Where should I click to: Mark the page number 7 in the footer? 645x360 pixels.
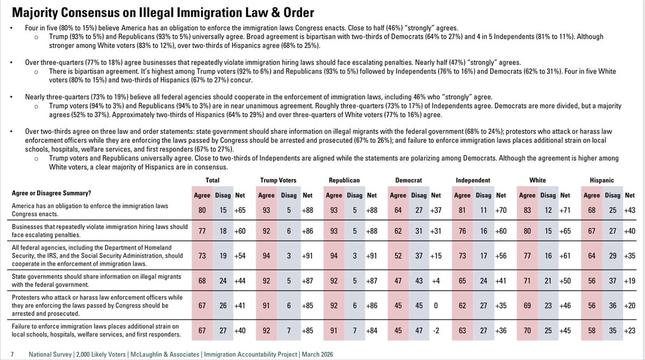(x=12, y=354)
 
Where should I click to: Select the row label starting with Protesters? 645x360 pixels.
(x=89, y=304)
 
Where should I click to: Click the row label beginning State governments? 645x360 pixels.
(x=80, y=280)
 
